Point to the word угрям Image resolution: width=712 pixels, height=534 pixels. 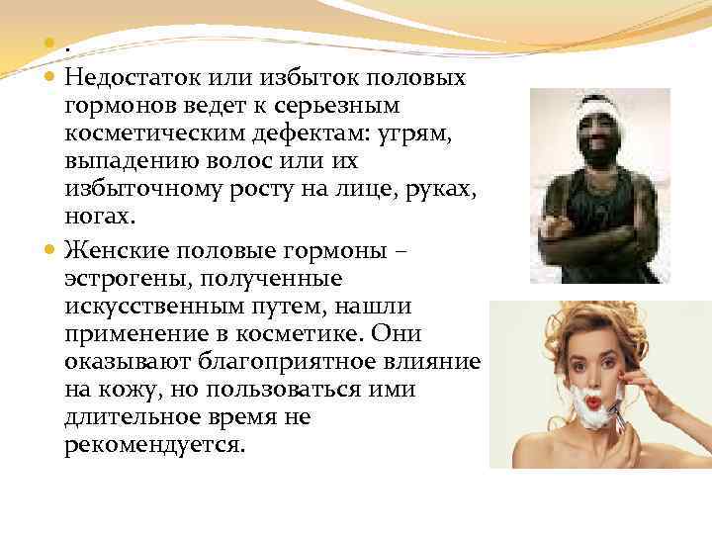point(416,133)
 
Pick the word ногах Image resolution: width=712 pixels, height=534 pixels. point(96,216)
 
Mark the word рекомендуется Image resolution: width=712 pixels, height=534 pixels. point(153,445)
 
